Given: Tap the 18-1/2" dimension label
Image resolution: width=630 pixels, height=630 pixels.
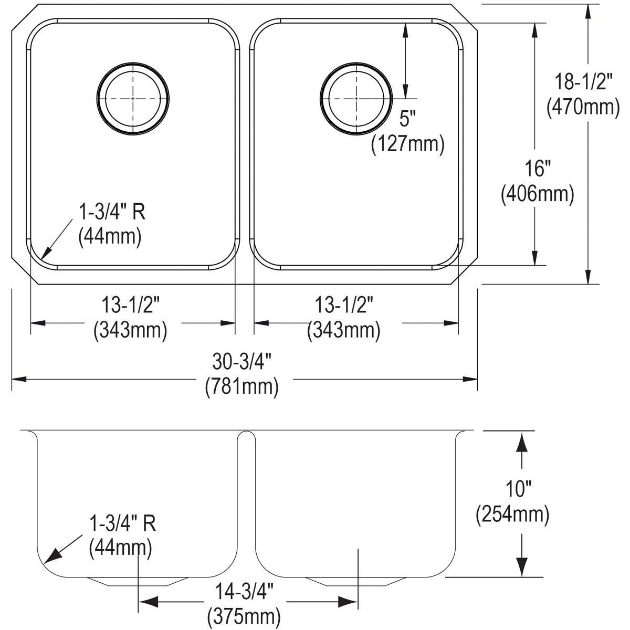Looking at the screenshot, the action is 583,81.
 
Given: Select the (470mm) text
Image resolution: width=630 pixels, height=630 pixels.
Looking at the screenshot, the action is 583,107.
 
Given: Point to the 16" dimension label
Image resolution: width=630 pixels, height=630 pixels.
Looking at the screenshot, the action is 538,169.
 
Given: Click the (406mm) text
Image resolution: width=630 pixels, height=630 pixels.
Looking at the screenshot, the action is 538,194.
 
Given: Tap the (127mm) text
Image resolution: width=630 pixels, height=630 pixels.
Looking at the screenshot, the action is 408,143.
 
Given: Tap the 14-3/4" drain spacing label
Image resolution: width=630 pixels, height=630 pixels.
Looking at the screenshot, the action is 244,591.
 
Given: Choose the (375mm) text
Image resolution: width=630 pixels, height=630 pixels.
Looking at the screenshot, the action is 244,616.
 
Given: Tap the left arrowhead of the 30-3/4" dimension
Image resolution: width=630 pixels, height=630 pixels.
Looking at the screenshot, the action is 19,380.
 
